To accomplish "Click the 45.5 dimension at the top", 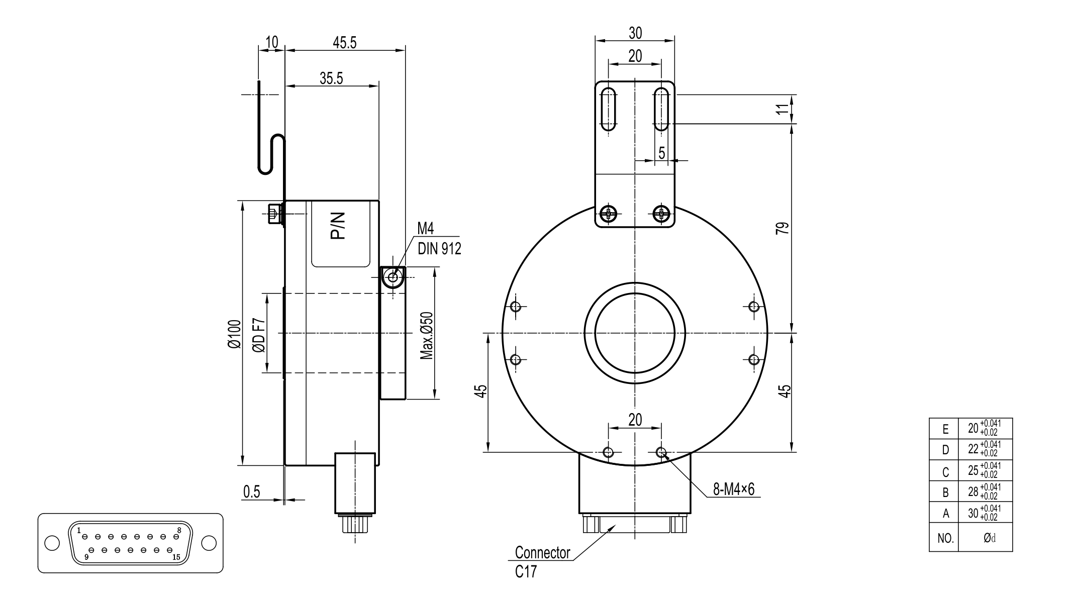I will (x=344, y=43).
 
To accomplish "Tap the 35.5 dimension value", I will (x=331, y=78).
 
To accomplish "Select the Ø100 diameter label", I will (x=235, y=334).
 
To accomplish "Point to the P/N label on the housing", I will (x=338, y=226).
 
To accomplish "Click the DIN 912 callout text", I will (x=439, y=249).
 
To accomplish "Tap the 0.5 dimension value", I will (x=252, y=492).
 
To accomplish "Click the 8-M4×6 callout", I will (x=734, y=489).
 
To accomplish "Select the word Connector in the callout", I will (x=542, y=553).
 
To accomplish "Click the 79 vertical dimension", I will (x=783, y=228).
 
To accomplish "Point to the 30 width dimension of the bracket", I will (x=635, y=33).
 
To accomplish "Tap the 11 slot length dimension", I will (x=783, y=109).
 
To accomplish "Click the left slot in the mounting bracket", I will (x=609, y=109).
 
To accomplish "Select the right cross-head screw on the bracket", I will (x=661, y=214).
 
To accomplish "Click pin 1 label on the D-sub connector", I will (x=79, y=530).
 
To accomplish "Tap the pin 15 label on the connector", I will (x=176, y=557).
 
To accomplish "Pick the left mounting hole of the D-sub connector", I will (x=52, y=543).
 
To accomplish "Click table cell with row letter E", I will (x=945, y=429).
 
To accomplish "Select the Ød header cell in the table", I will (x=989, y=538).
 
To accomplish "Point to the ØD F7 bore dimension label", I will (x=259, y=334).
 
